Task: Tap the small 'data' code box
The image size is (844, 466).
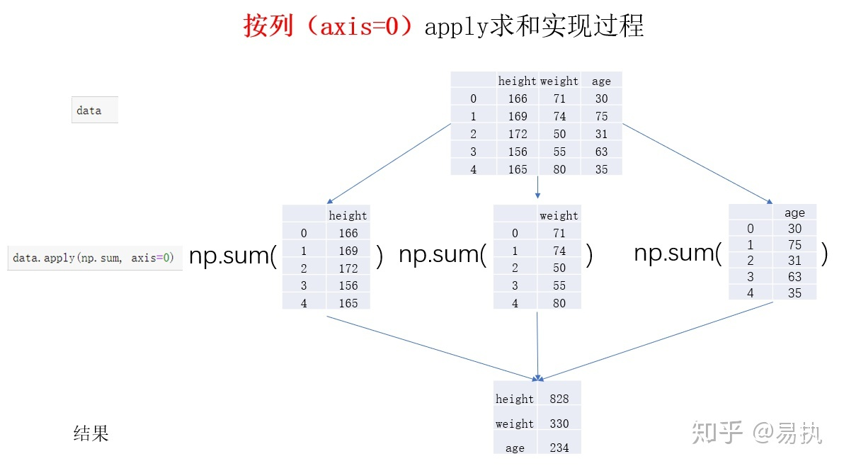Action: point(94,110)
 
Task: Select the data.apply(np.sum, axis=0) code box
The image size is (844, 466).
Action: point(94,258)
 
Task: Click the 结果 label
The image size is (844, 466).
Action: point(91,433)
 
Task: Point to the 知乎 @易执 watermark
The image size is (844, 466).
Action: point(757,432)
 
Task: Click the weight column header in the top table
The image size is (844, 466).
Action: point(559,81)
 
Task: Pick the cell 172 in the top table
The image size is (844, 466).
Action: point(518,134)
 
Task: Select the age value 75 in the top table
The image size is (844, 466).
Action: point(601,116)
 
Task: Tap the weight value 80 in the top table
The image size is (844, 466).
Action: point(559,169)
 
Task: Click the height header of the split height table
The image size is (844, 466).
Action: point(348,215)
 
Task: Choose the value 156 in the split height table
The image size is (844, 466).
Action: point(348,285)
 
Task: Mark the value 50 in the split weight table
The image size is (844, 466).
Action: point(559,268)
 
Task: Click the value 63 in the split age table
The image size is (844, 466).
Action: point(794,277)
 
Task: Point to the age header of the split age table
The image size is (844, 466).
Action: point(794,212)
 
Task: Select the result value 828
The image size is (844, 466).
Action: point(559,399)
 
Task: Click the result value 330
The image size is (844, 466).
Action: point(559,424)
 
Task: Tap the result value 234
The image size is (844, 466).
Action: point(559,448)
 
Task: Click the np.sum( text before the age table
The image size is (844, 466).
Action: point(678,254)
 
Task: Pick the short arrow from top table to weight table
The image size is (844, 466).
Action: point(538,188)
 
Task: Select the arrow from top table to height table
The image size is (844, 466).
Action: point(389,164)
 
